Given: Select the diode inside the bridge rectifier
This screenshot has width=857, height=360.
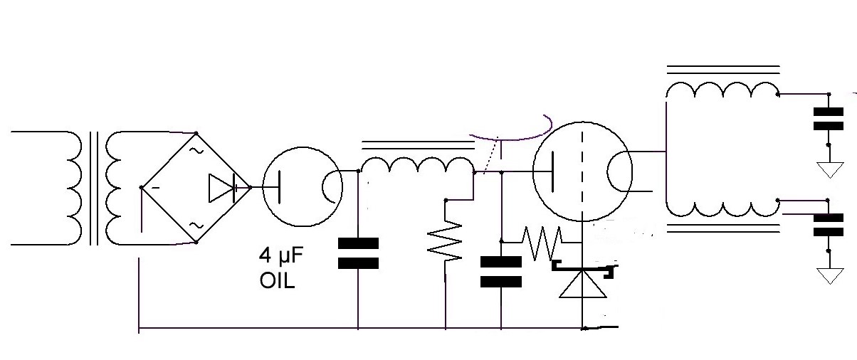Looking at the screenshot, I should point(227,188).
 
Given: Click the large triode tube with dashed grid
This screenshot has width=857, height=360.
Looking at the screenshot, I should point(582,171).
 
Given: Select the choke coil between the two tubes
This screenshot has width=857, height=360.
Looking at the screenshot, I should point(416,166).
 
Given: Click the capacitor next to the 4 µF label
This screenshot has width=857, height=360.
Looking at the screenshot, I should point(358,253).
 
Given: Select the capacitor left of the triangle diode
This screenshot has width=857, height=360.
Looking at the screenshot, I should point(500,271).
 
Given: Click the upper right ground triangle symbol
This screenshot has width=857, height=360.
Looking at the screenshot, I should point(829,169).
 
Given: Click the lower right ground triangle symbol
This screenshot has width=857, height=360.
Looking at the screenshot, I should point(829,276).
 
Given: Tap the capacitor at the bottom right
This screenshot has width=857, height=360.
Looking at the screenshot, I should point(829,225).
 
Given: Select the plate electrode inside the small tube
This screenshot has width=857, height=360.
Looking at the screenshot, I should point(279,186).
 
